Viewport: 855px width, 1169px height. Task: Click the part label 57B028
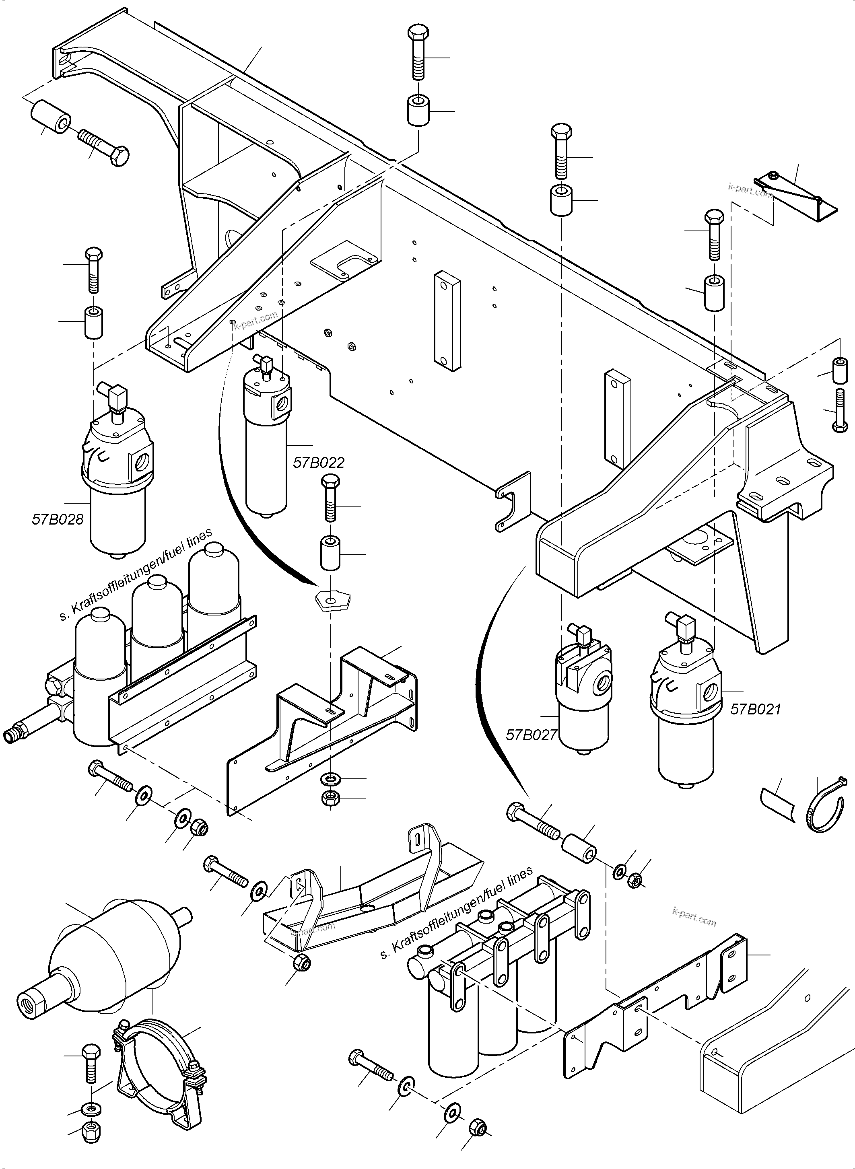58,519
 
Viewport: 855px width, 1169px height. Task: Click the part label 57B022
318,462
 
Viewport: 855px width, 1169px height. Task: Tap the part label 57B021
755,709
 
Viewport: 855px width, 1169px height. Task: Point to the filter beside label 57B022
266,440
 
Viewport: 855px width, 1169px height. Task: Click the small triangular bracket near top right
797,199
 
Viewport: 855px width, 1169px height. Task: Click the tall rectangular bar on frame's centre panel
448,321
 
